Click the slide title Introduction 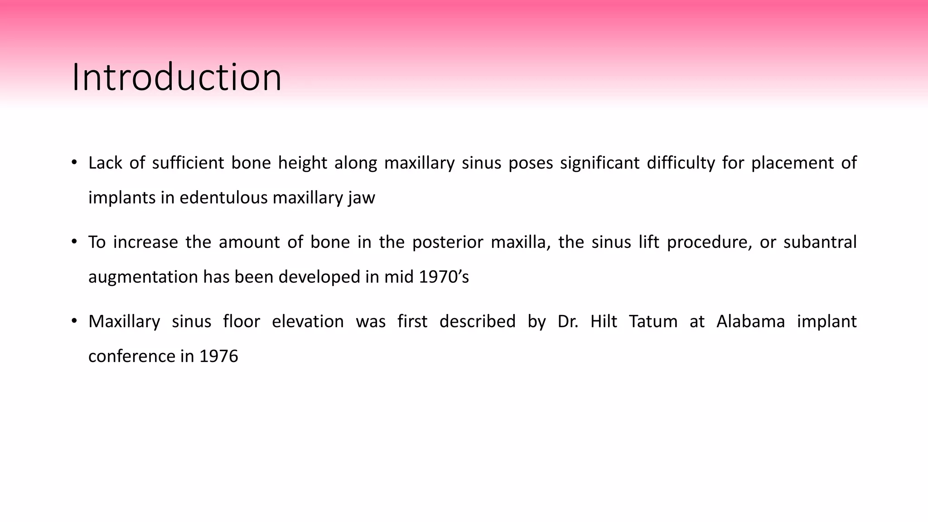tap(177, 77)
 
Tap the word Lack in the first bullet tap(105, 163)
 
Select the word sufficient tap(188, 163)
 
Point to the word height tap(302, 163)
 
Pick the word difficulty tap(681, 163)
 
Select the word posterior tap(448, 242)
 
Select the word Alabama tap(750, 322)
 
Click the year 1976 tap(218, 356)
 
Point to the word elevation tap(308, 322)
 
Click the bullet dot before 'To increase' tap(74, 242)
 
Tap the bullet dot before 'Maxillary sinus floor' tap(74, 321)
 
